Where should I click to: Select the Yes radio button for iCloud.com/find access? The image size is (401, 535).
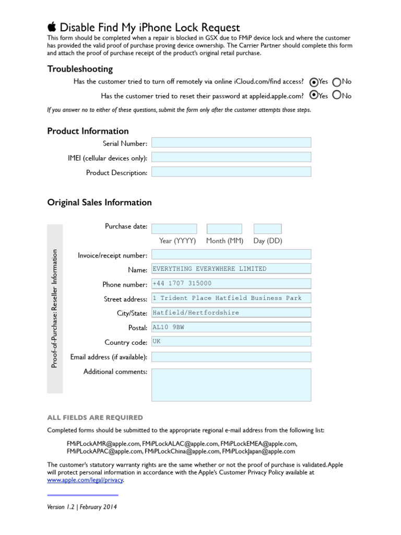click(313, 82)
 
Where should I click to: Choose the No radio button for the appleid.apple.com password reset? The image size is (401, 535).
click(337, 95)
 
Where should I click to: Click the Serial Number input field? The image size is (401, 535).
click(231, 143)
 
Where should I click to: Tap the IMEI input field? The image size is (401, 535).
click(231, 157)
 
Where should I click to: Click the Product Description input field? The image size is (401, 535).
click(231, 172)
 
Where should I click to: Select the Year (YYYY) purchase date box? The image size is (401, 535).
click(174, 229)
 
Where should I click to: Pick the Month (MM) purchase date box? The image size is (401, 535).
click(225, 229)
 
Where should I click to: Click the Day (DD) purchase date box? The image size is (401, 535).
click(267, 229)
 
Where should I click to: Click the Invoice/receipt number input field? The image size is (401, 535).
click(231, 254)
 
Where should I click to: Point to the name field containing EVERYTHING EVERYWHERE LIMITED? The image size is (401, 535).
click(231, 269)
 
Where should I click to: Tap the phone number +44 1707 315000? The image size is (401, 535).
click(231, 284)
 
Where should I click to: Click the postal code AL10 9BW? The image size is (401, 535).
click(231, 328)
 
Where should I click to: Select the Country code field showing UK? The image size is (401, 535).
click(231, 342)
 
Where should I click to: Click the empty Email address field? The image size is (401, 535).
click(231, 357)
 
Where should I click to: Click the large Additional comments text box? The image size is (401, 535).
click(231, 385)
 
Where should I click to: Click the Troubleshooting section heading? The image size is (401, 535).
click(80, 69)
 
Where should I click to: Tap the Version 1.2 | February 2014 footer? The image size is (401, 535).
click(82, 507)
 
